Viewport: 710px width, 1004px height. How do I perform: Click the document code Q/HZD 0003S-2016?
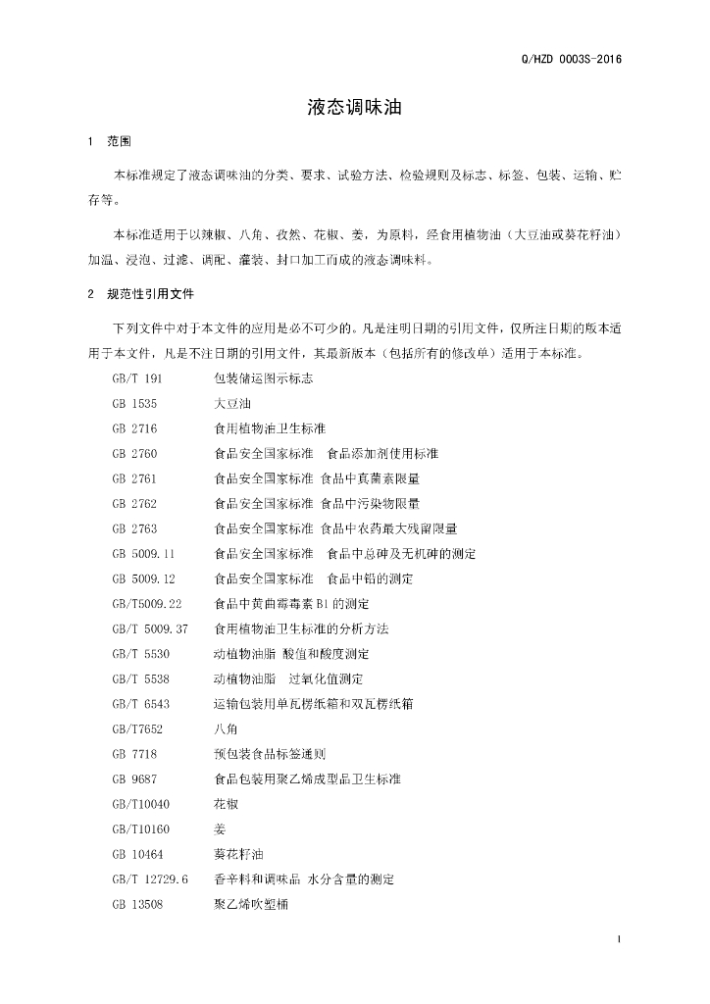(x=569, y=59)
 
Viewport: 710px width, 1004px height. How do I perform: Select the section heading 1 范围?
(x=109, y=142)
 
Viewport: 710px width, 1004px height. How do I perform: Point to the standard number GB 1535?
(x=134, y=403)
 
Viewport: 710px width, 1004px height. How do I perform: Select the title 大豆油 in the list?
(x=231, y=403)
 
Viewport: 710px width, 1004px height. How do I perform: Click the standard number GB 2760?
(x=134, y=453)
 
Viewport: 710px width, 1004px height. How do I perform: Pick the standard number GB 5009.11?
(x=143, y=554)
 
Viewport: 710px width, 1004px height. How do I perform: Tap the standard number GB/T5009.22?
(x=147, y=604)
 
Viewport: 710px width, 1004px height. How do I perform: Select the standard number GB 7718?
(x=134, y=754)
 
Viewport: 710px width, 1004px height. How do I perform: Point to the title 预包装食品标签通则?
(x=270, y=754)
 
